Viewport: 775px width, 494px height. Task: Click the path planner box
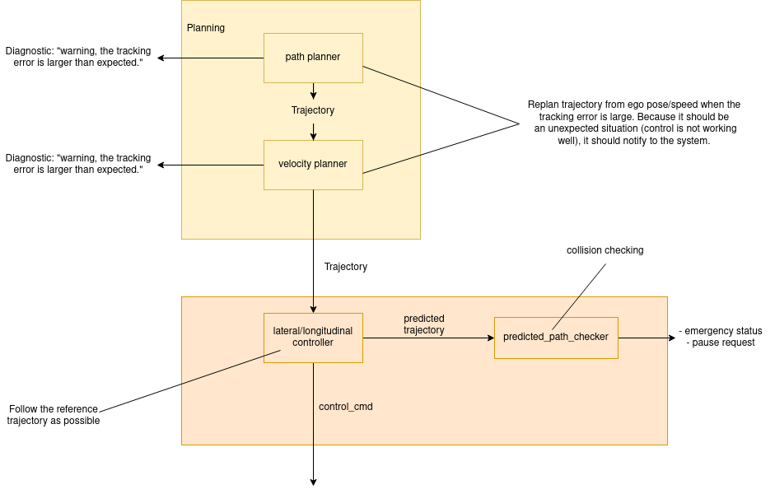pos(313,58)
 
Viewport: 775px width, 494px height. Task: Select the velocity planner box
pos(313,165)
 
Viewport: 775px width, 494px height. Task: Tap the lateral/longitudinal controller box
pos(313,337)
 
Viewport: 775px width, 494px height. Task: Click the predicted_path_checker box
pos(556,338)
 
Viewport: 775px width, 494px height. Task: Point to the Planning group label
pos(206,28)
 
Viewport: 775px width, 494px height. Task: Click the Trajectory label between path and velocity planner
pos(313,110)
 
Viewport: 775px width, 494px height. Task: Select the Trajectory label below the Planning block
pos(346,267)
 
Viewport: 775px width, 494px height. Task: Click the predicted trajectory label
pos(424,324)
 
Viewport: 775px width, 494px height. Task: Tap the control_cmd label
pos(346,407)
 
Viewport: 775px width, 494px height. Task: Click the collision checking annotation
pos(605,250)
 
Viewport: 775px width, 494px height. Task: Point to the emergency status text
pos(721,331)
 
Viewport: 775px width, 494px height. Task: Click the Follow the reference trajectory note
pos(54,415)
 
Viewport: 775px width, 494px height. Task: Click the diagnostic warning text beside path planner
pos(78,57)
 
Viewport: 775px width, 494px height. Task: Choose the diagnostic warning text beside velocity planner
pos(78,163)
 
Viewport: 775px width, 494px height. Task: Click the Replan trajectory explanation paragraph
pos(633,123)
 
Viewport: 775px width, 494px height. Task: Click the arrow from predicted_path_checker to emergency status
pos(647,338)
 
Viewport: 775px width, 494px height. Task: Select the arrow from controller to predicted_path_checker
pos(428,338)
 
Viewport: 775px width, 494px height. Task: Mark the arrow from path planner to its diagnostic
pos(210,58)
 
